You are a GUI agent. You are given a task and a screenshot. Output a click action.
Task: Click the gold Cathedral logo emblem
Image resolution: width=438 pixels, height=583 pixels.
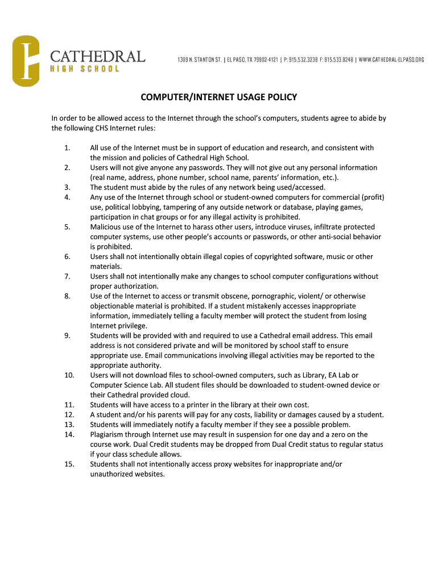[x=26, y=61]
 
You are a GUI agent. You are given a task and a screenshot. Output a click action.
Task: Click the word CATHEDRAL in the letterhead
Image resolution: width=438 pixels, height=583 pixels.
[x=97, y=56]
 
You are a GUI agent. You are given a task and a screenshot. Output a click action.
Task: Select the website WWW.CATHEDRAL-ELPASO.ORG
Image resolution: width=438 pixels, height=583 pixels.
[x=392, y=59]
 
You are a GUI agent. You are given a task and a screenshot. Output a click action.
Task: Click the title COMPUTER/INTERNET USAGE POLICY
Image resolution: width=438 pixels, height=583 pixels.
[x=218, y=97]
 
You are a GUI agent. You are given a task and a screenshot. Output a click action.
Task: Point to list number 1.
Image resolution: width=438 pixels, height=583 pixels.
[x=67, y=148]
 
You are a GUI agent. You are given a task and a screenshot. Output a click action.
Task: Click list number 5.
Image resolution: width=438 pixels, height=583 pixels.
[x=67, y=227]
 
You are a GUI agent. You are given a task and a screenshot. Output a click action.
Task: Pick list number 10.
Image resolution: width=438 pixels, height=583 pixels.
[x=69, y=375]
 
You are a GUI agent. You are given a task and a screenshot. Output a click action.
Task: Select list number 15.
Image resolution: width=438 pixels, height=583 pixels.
[x=69, y=464]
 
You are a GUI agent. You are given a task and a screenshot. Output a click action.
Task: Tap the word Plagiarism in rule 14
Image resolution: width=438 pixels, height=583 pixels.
[x=109, y=434]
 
